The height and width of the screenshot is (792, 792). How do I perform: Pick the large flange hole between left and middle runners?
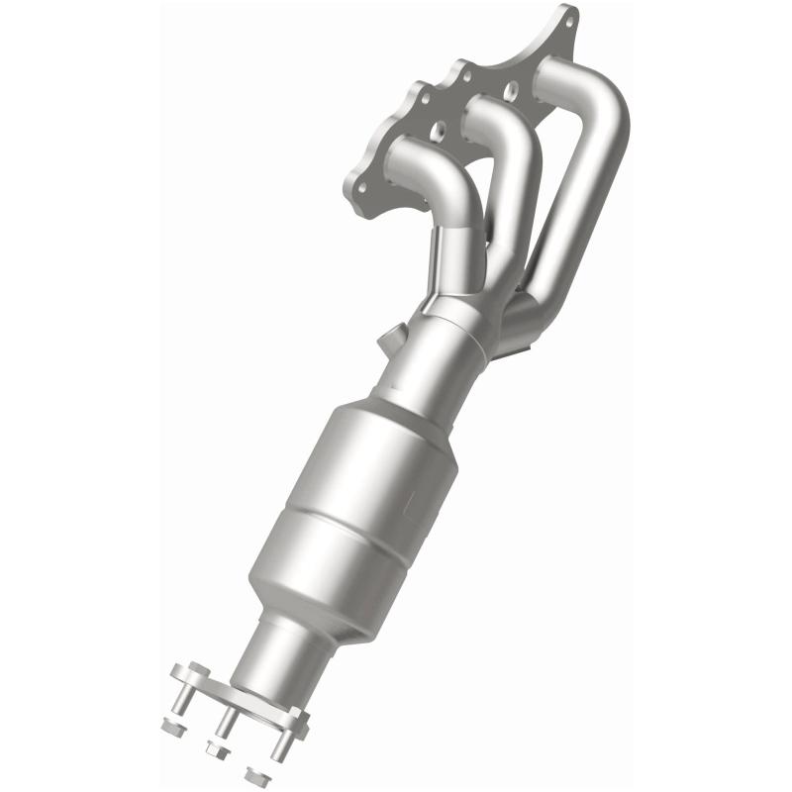(x=439, y=129)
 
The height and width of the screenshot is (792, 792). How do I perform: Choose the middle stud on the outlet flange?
(x=226, y=724)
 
